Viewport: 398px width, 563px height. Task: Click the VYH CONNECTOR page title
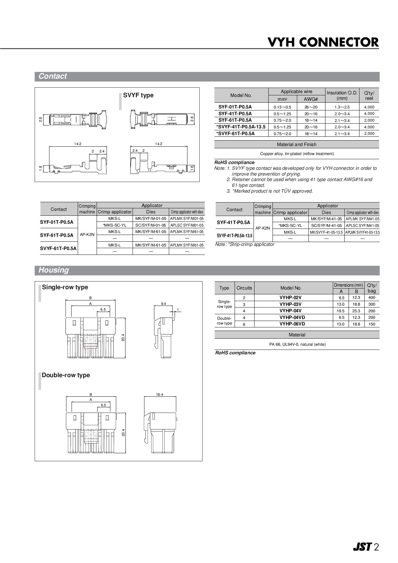point(323,42)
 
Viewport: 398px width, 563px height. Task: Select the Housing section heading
point(54,270)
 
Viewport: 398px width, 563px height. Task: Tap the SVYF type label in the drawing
point(138,95)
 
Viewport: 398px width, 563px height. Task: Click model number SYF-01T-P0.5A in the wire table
point(235,107)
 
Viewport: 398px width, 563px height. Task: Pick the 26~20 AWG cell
point(311,107)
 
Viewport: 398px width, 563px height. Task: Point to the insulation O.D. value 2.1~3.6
point(342,134)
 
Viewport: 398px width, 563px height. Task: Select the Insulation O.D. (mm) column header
point(342,95)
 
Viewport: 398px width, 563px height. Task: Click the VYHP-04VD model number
point(292,317)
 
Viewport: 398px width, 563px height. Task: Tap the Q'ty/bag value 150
point(372,324)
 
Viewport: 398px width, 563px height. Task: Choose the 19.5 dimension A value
point(341,311)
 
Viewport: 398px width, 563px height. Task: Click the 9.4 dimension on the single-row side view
point(163,304)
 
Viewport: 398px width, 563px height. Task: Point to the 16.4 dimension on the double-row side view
point(160,394)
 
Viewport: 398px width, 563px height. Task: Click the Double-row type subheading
point(66,375)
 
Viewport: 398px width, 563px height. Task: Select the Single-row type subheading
point(65,287)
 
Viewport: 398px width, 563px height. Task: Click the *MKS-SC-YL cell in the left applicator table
point(115,225)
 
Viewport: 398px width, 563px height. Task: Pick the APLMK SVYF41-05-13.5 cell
point(362,232)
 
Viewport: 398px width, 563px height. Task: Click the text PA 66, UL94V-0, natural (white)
point(297,344)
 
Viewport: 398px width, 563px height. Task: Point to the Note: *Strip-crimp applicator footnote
point(245,245)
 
